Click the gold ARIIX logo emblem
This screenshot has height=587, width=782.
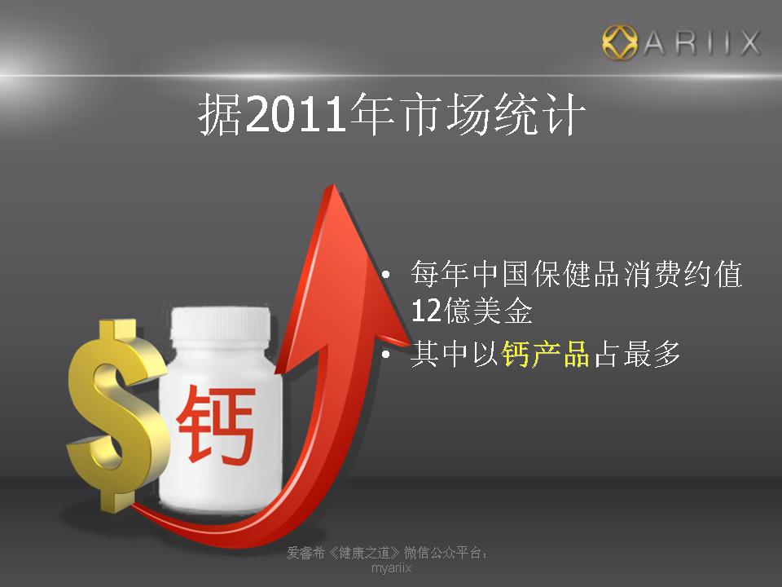[x=619, y=42]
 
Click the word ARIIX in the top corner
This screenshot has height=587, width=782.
[x=701, y=43]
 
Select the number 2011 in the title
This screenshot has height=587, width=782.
[x=296, y=114]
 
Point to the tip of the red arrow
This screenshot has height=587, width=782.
[x=332, y=185]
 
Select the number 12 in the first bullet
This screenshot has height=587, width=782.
[x=426, y=311]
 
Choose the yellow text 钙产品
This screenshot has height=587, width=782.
[x=545, y=355]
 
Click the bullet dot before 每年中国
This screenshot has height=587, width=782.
[x=385, y=275]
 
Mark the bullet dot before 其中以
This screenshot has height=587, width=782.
[x=385, y=355]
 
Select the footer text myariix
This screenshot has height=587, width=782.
[x=392, y=568]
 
